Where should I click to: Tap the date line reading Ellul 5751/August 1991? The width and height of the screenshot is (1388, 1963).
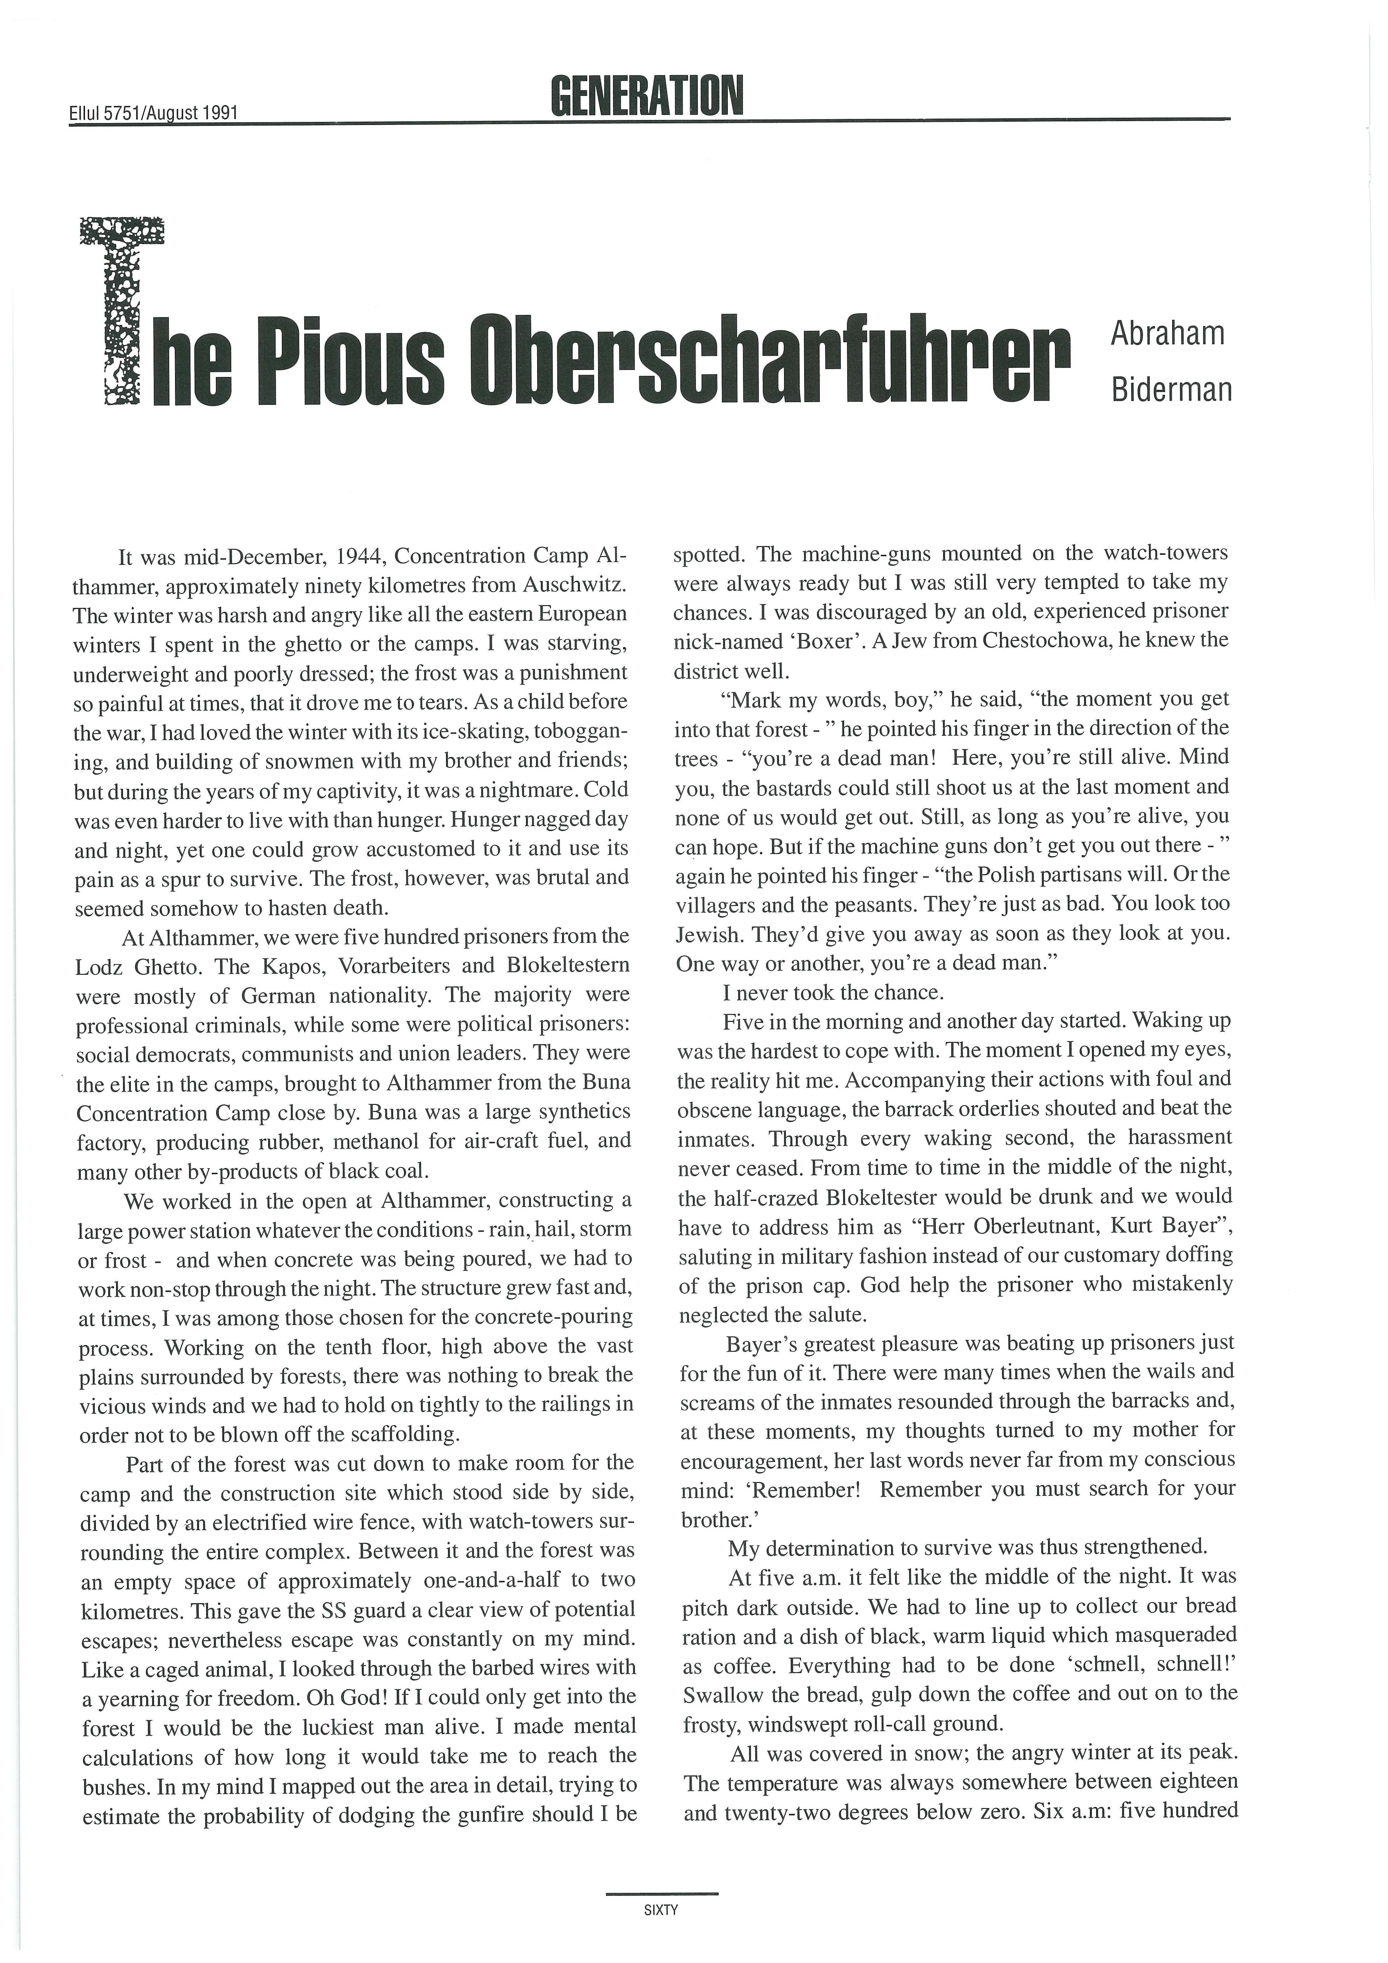[x=153, y=112]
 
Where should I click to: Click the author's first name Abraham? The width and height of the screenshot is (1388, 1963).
[x=1167, y=333]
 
